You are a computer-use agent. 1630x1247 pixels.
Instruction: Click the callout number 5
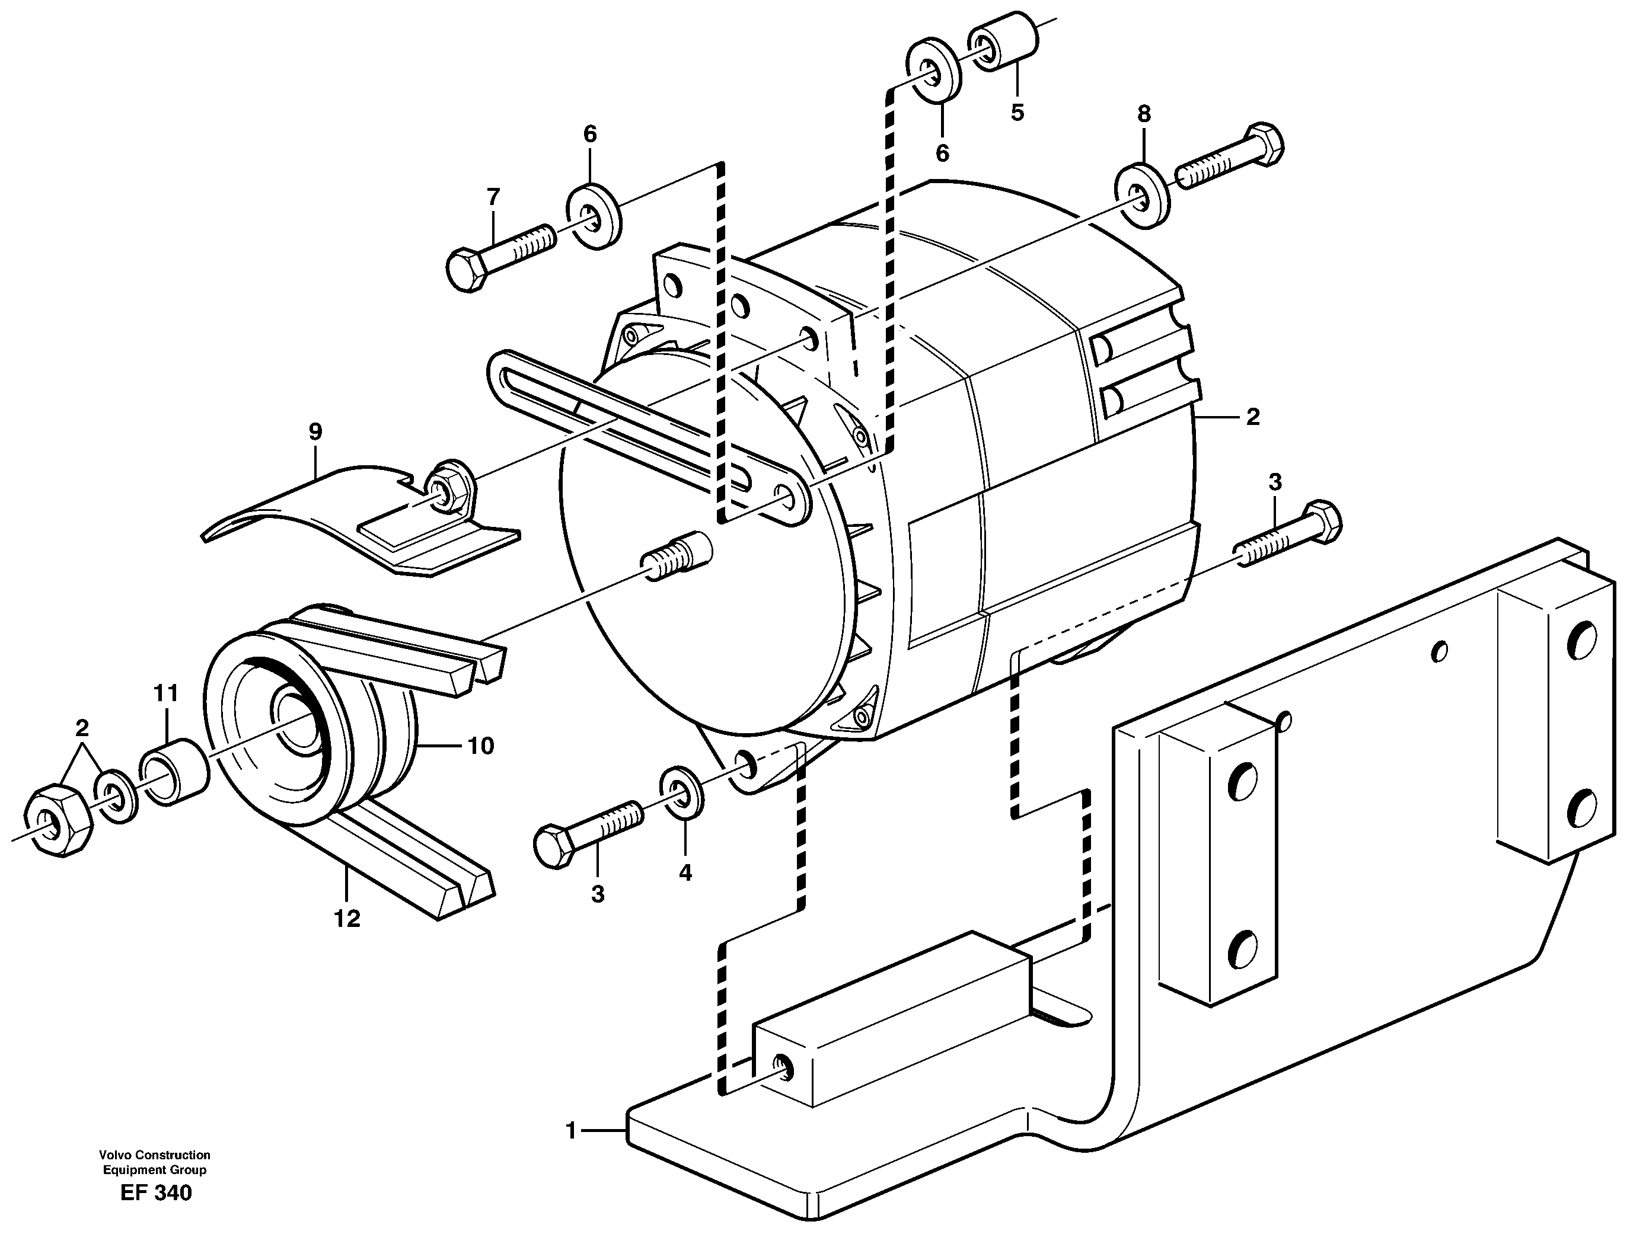(x=1017, y=113)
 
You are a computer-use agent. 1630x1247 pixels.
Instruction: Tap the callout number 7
(x=493, y=197)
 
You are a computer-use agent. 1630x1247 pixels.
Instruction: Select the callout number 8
(x=1144, y=114)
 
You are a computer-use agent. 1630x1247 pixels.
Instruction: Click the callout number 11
(x=165, y=694)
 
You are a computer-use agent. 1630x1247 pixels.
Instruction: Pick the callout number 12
(x=347, y=919)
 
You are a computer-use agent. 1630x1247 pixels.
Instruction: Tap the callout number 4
(x=685, y=873)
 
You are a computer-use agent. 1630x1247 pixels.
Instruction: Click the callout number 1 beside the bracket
(x=571, y=1131)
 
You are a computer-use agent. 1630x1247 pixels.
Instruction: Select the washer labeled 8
(x=1144, y=194)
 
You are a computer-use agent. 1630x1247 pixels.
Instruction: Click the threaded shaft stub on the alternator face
(x=677, y=558)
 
